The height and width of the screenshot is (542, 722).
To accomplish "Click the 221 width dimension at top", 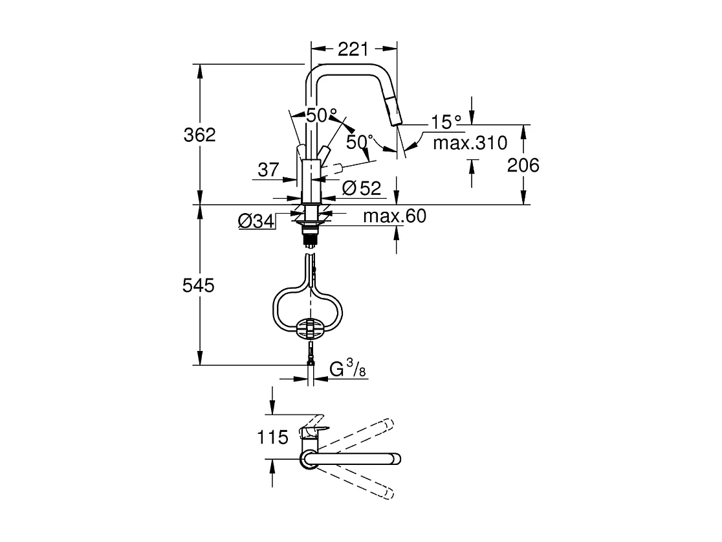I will click(x=353, y=49).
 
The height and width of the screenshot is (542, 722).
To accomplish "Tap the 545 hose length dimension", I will click(x=199, y=286).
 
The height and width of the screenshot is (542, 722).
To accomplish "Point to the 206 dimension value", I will click(x=523, y=166).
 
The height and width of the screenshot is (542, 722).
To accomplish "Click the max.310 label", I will click(x=470, y=143).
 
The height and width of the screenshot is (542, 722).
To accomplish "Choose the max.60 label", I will click(x=395, y=216).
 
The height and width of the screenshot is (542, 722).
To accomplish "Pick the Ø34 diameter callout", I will click(x=256, y=221).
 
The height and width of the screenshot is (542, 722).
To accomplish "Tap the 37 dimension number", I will click(x=268, y=170).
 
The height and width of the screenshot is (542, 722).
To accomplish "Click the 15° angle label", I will click(x=446, y=122).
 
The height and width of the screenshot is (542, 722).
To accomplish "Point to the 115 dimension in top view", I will click(x=272, y=438).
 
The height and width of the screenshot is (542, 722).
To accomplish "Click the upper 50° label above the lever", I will click(x=322, y=116).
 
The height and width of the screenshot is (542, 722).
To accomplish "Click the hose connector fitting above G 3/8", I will click(x=311, y=353).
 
